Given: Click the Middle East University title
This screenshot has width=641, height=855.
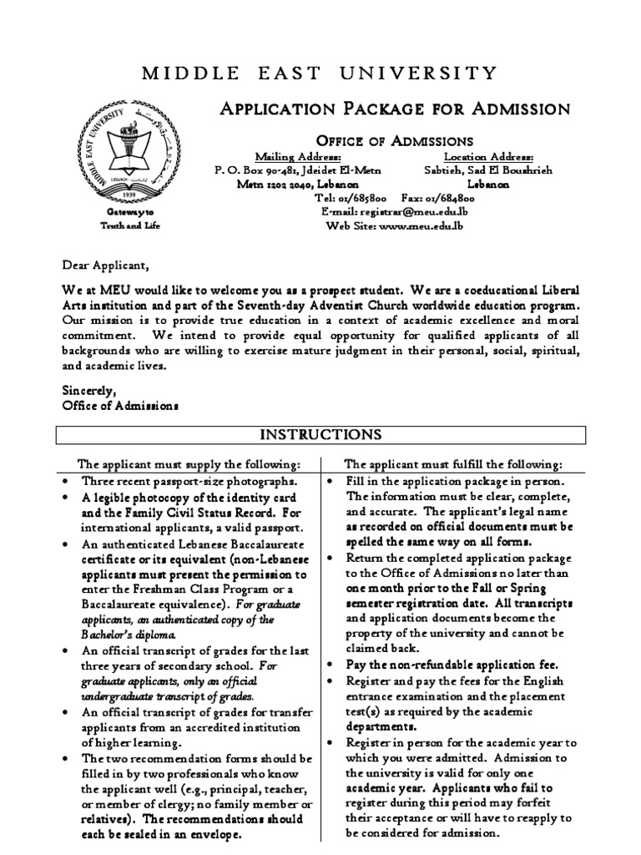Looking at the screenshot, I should [320, 74].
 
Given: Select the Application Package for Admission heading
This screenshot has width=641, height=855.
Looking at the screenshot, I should [393, 109].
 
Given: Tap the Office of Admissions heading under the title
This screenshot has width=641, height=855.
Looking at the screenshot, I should [393, 140].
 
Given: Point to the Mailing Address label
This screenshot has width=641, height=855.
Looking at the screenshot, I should [297, 157].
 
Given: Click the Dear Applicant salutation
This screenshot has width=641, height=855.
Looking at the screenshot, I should [105, 266].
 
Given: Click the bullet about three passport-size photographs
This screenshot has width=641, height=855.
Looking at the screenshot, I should [188, 482].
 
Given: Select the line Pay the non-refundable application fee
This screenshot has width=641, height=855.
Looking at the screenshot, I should [442, 664].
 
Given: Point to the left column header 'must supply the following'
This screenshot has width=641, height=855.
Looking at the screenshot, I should [188, 464].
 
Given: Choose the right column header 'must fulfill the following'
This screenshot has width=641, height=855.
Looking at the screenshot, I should [453, 464].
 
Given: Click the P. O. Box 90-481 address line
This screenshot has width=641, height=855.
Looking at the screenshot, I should [297, 170].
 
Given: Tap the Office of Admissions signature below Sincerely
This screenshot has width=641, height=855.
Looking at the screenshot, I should [120, 404].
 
